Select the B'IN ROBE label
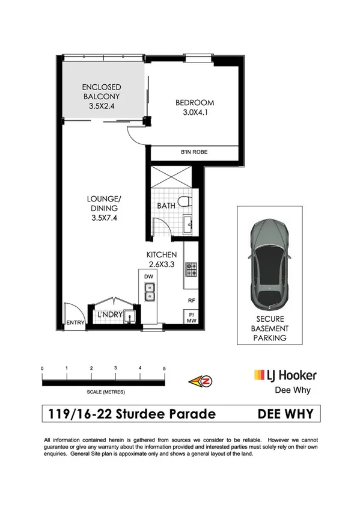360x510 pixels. pyautogui.click(x=194, y=153)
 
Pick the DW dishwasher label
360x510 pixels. pyautogui.click(x=148, y=277)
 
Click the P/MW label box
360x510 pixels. pyautogui.click(x=192, y=318)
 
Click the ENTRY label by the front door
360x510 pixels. pyautogui.click(x=74, y=323)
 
